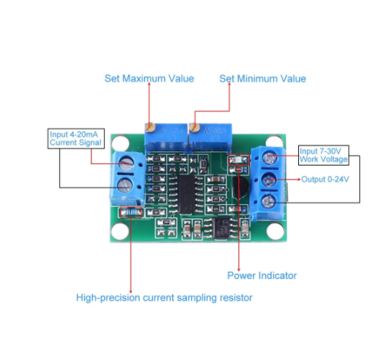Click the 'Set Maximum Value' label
(149, 79)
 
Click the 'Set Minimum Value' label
(263, 79)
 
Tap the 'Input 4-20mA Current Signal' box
(76, 139)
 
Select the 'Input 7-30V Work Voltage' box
(323, 155)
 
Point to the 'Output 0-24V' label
(325, 180)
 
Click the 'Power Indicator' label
(262, 275)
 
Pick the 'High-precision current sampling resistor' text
(164, 298)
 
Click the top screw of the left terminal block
(126, 163)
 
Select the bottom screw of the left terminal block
(125, 186)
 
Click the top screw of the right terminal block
(269, 158)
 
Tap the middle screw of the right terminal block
(269, 180)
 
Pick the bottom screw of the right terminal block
(268, 201)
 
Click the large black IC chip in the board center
(186, 194)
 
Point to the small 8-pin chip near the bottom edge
(222, 229)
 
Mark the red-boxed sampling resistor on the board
(131, 212)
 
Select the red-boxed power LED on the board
(239, 160)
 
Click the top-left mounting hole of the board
(121, 143)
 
